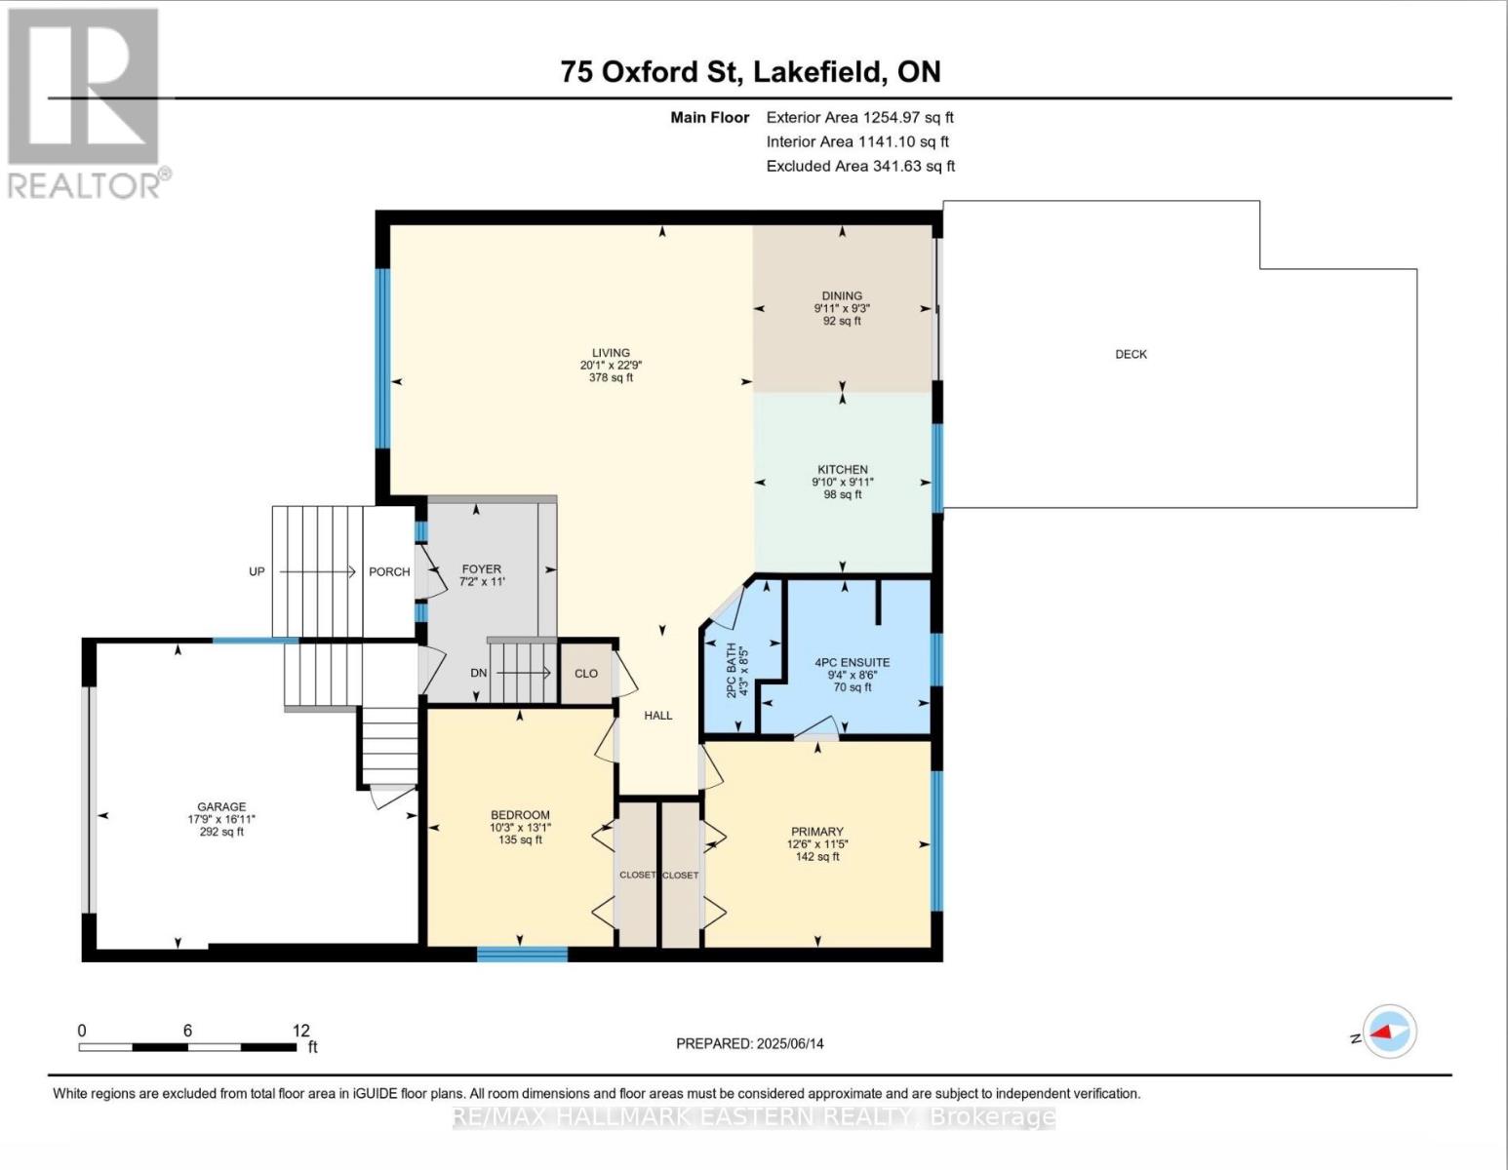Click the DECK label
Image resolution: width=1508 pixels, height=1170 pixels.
1131,354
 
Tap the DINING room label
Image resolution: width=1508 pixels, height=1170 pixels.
842,295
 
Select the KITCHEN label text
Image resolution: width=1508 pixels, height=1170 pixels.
843,469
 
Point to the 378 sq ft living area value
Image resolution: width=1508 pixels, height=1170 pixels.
611,377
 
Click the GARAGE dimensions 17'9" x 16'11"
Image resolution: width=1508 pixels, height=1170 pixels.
221,819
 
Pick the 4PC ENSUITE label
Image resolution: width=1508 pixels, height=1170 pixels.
853,662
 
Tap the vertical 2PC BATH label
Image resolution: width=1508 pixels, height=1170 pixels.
731,672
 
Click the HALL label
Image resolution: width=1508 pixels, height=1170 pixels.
658,715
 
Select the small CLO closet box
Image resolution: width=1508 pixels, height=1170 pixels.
586,673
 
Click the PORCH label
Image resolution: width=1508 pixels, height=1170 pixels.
389,571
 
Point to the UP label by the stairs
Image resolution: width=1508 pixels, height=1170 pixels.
257,571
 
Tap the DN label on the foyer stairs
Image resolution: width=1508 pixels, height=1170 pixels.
478,673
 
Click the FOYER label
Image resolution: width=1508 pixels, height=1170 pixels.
482,568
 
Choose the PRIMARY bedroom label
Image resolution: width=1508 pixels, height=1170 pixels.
817,832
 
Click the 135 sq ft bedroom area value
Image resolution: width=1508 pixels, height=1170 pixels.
520,839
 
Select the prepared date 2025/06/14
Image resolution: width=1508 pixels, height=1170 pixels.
789,1043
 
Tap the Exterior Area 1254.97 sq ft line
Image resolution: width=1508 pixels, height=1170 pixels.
859,117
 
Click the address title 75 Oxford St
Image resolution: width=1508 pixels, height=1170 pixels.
644,71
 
